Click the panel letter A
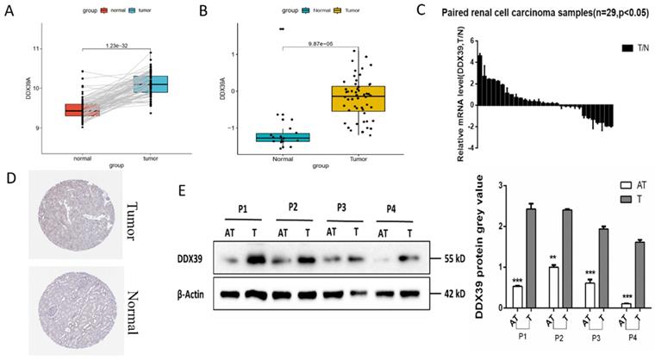point(10,12)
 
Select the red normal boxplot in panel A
point(82,110)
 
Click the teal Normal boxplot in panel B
point(283,137)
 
